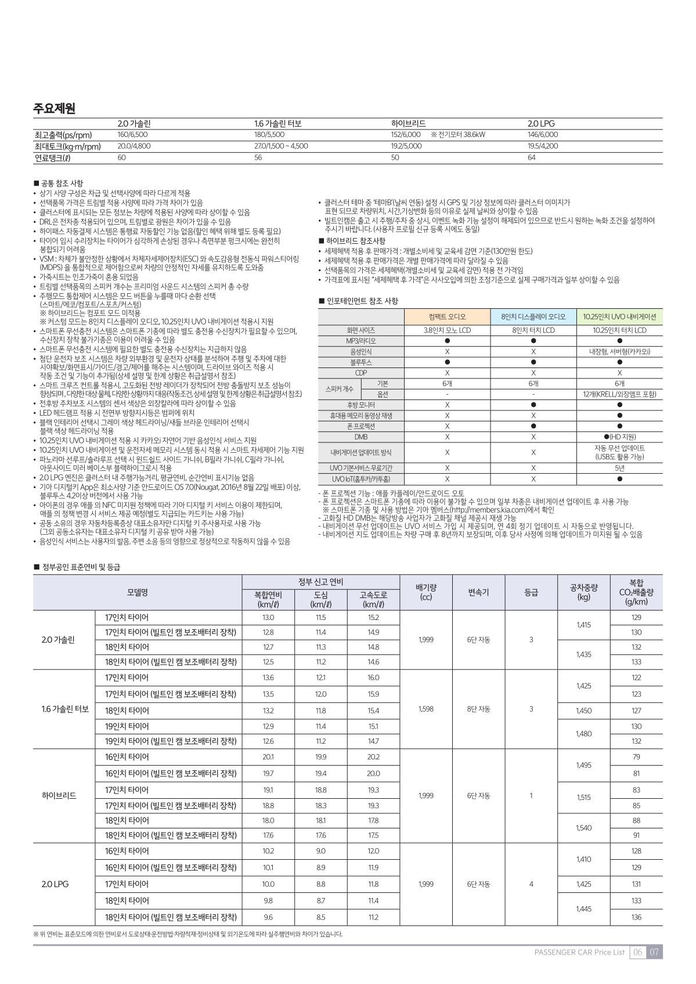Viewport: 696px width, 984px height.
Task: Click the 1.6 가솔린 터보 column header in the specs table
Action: coord(278,124)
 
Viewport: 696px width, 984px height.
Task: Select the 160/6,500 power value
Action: coord(132,135)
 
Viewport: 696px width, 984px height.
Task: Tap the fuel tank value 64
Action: coord(532,157)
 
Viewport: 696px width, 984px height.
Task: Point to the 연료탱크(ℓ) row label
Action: coord(53,157)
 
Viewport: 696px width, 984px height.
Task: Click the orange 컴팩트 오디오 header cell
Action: coord(447,317)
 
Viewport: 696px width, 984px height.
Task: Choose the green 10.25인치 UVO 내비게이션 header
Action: coord(619,317)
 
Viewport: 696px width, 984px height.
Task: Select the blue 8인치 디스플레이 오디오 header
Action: coord(533,317)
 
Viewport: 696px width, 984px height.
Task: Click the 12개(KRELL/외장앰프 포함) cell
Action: coord(619,394)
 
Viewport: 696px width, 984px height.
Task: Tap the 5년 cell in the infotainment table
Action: coord(619,468)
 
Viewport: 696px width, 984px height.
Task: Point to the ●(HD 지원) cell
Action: coord(619,437)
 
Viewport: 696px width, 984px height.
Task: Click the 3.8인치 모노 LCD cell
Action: coord(447,330)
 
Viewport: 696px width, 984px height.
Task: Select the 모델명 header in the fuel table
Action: coord(138,592)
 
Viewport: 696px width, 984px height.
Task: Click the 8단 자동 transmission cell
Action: coord(478,709)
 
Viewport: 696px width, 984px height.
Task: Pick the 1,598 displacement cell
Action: coord(425,709)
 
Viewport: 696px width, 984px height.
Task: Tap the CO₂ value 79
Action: coord(636,757)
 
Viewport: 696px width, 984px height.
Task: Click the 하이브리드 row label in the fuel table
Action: coord(59,795)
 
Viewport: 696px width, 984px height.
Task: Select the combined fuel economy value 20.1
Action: coord(268,757)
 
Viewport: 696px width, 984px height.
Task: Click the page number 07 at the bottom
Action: coord(654,952)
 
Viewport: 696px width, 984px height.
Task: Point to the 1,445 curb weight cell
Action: coord(584,909)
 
